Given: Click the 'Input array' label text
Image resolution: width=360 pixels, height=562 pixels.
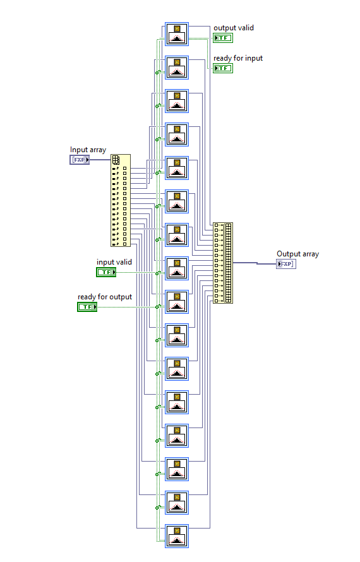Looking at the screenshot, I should click(88, 150).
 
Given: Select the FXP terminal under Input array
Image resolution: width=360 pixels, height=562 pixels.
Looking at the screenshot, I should click(80, 160).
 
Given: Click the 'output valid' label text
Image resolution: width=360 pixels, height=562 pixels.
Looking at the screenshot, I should click(233, 28).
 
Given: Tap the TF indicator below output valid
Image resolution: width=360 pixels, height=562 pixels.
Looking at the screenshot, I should click(223, 38).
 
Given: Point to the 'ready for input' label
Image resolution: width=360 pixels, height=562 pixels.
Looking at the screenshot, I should click(237, 58).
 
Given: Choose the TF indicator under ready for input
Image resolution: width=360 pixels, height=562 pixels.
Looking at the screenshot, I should click(223, 68).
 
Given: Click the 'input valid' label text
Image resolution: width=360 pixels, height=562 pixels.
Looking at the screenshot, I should click(114, 261).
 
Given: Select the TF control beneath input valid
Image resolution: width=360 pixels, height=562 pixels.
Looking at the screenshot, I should click(106, 272).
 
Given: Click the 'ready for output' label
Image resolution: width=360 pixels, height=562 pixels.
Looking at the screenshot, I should click(105, 297).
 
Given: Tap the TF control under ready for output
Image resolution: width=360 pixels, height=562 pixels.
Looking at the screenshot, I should click(87, 307).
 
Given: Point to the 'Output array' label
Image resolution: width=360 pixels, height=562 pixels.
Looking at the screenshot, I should click(297, 254).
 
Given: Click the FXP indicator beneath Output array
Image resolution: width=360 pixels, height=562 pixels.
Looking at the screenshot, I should click(286, 264).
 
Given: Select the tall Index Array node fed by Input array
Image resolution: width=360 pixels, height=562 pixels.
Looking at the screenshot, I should click(120, 202).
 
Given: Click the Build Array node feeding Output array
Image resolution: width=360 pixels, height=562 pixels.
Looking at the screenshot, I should click(223, 263).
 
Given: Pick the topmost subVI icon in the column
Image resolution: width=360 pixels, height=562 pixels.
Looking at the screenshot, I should click(177, 33).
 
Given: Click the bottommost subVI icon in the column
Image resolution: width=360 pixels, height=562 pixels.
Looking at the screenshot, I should click(177, 535).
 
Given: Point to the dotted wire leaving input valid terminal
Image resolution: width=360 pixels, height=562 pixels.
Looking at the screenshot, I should click(136, 272).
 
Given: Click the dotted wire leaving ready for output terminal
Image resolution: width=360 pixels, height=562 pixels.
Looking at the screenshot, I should click(126, 307).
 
